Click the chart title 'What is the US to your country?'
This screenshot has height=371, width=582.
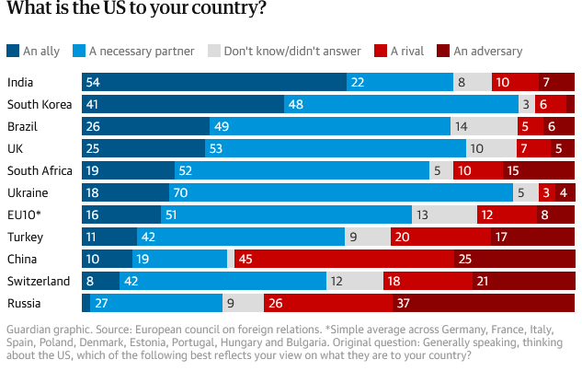(x=138, y=12)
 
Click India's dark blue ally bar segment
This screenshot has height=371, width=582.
(x=213, y=83)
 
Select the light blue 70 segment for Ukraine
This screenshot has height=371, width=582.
(x=340, y=192)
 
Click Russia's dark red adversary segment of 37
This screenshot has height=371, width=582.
(x=483, y=303)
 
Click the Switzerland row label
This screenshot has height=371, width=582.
(x=38, y=281)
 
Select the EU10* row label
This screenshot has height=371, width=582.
(x=26, y=214)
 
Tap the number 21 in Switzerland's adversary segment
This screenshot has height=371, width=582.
(x=482, y=281)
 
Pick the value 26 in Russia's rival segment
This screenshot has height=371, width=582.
(x=273, y=303)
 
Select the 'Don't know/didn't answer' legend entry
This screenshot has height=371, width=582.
(x=277, y=52)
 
